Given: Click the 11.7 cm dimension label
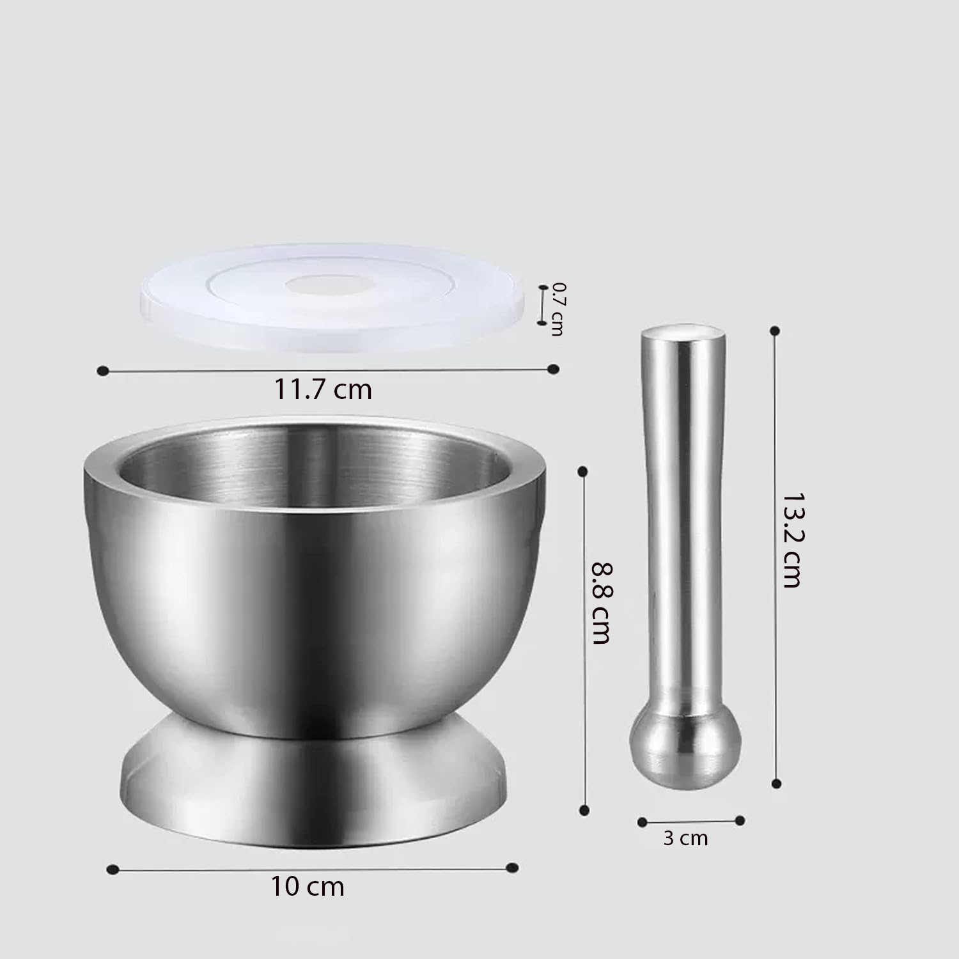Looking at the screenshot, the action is pos(323,389).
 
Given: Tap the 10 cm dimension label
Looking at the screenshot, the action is pos(308,887).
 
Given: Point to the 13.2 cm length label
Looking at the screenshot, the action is pos(791,540).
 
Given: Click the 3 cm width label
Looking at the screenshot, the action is pos(685,838).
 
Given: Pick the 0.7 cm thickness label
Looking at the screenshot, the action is pos(558,309).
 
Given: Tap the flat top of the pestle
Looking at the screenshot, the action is pos(683,333).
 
